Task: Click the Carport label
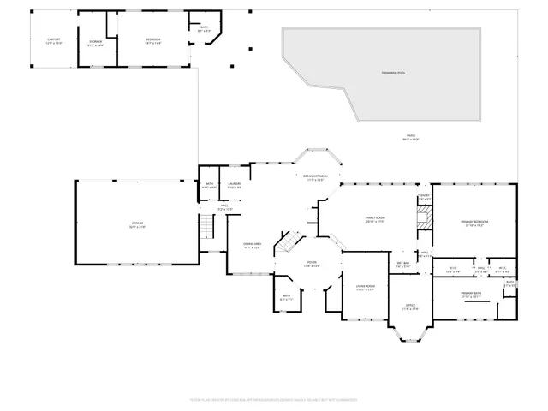coord(54,40)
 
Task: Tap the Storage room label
coord(96,44)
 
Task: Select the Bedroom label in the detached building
coord(152,40)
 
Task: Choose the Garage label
coord(137,226)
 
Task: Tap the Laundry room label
coord(234,184)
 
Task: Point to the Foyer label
coord(312,264)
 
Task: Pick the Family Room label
coord(374,219)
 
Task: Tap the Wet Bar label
coord(403,264)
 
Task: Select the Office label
coord(409,307)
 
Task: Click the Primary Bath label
coord(472,295)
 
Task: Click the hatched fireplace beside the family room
coord(424,217)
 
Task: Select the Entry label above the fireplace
coord(425,198)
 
